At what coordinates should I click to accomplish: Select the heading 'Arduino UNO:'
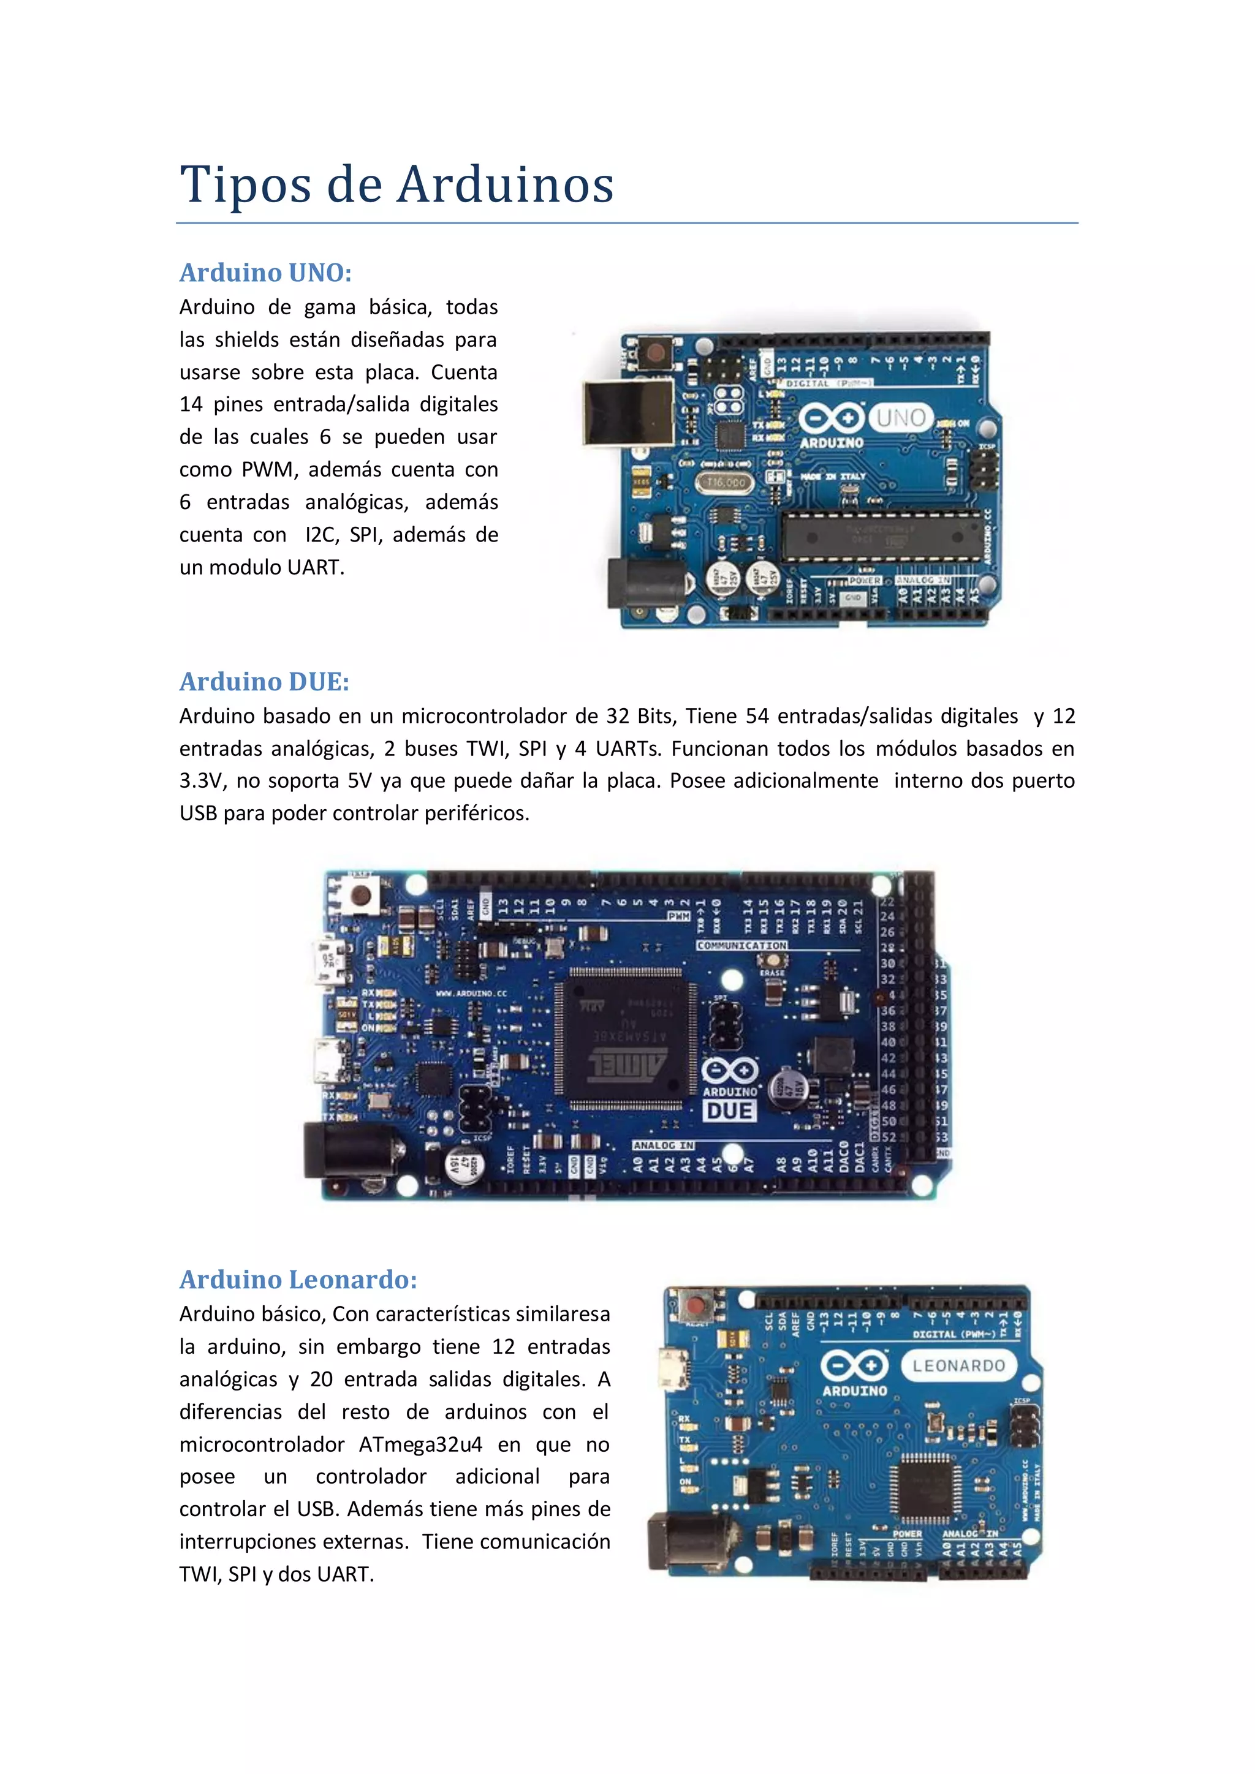265,272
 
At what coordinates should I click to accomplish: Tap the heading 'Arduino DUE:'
264,681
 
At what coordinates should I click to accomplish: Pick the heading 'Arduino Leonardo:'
298,1280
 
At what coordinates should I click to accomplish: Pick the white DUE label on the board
729,1111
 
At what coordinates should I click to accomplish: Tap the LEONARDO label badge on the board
958,1366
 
